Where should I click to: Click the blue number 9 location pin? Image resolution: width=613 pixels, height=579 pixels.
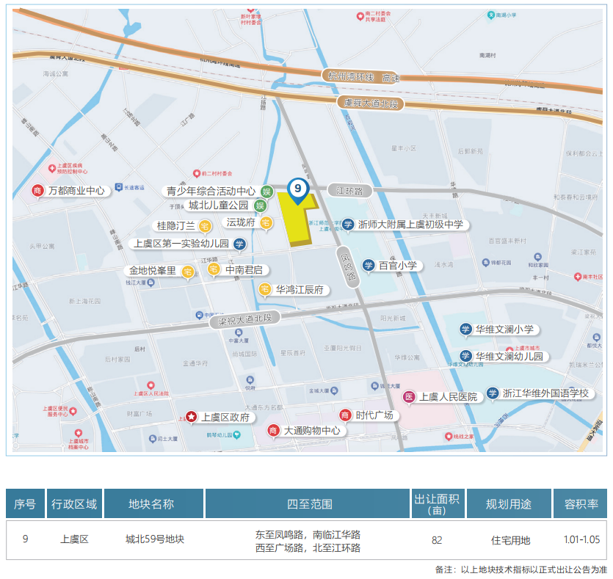[x=297, y=189]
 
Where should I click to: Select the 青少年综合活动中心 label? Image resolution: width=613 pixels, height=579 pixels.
[x=211, y=192]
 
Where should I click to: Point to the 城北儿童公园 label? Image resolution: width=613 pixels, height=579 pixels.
[x=219, y=205]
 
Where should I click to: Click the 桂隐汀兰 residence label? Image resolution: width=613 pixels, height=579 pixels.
[x=175, y=225]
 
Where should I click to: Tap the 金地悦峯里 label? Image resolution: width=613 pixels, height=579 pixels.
[x=153, y=271]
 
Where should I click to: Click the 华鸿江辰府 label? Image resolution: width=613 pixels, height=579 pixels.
[x=299, y=290]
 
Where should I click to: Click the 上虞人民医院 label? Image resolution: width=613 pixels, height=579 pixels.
[x=448, y=397]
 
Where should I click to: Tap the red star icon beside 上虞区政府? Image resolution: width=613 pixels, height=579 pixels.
[x=191, y=417]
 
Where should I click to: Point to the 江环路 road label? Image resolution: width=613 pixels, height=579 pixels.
[x=350, y=190]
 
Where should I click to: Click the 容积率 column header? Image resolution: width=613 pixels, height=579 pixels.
[x=581, y=504]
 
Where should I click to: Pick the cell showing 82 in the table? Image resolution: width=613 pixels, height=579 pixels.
[x=437, y=540]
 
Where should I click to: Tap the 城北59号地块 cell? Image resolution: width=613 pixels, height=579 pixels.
[x=154, y=539]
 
